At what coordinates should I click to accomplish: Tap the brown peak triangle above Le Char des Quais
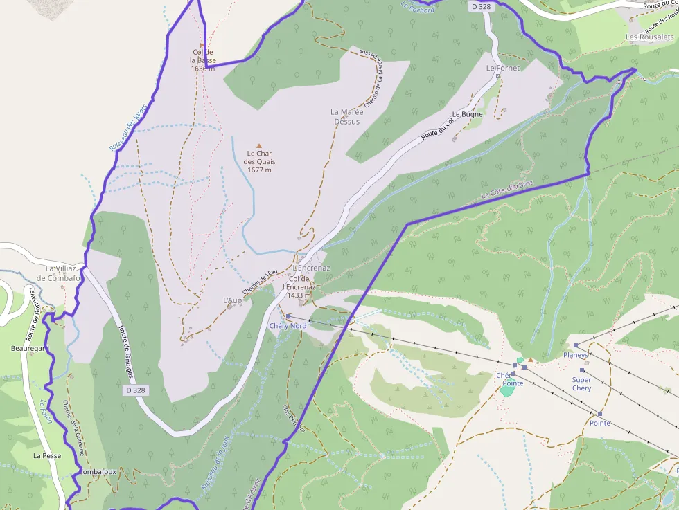tap(260, 146)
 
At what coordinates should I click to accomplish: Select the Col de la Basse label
tap(202, 60)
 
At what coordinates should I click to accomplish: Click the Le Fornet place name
tap(502, 68)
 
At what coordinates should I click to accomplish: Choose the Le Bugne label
tap(467, 113)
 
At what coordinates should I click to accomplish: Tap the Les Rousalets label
tap(649, 37)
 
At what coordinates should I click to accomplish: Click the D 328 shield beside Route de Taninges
tap(136, 390)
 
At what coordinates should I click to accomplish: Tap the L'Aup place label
tap(232, 300)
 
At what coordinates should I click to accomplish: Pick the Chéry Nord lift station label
tap(288, 325)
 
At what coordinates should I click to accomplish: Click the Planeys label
tap(576, 355)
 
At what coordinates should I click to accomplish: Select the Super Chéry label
tap(582, 383)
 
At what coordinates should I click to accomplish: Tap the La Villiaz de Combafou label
tap(60, 273)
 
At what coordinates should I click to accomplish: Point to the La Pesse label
tap(47, 456)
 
